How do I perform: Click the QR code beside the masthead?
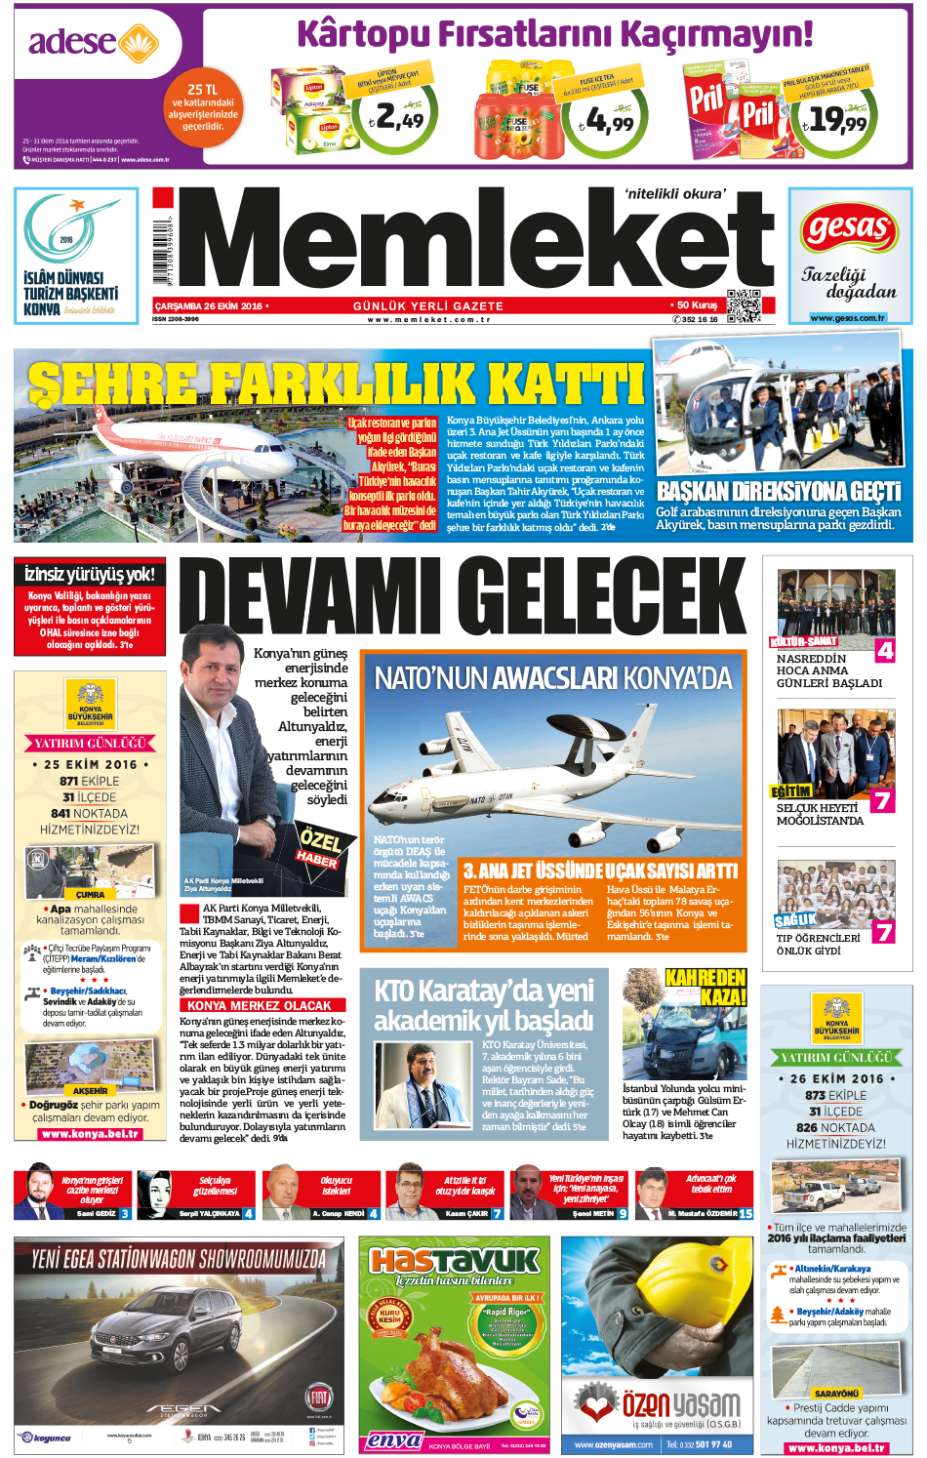[x=744, y=306]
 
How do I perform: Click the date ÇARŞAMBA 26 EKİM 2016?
[x=209, y=305]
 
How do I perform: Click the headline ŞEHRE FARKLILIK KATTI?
[x=337, y=382]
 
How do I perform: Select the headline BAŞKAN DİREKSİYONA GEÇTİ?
[x=779, y=491]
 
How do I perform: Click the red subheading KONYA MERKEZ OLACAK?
[x=259, y=1005]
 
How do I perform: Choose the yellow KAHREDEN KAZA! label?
[x=705, y=987]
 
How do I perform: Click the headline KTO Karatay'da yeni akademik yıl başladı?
[x=483, y=1005]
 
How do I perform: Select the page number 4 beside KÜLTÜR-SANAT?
[x=884, y=650]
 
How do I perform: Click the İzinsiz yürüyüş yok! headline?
[x=90, y=574]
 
